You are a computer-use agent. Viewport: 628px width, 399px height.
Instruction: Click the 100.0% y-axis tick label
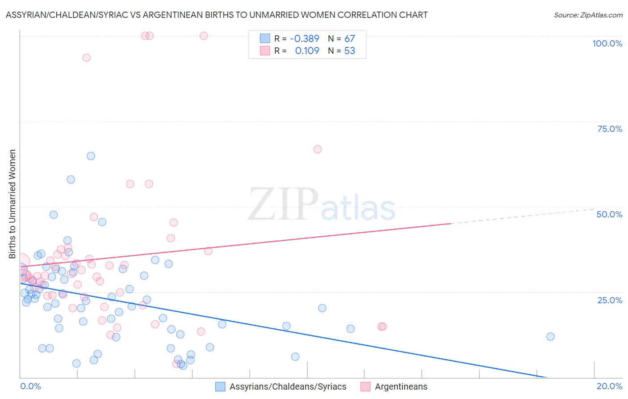coord(607,43)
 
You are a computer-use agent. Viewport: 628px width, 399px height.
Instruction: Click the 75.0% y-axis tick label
coord(610,129)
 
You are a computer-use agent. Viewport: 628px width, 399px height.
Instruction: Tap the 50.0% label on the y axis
coord(609,214)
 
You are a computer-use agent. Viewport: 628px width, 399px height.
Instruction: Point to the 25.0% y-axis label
coord(610,300)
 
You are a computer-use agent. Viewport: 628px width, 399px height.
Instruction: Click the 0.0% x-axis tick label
coord(30,386)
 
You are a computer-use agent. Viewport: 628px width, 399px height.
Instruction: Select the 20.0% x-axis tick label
coord(609,386)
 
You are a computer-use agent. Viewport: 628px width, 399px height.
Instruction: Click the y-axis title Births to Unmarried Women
coord(12,204)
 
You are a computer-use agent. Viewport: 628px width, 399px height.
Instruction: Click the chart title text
coord(217,15)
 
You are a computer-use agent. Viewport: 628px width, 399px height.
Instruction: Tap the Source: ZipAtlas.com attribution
coord(588,15)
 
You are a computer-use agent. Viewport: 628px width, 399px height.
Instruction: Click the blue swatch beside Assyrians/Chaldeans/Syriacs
coord(220,386)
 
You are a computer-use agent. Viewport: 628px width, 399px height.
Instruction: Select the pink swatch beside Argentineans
coord(365,386)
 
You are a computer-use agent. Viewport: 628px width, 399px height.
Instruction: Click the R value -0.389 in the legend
coord(304,38)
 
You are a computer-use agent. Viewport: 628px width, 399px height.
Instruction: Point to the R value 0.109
coord(307,51)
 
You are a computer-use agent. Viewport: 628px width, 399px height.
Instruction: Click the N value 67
coord(349,38)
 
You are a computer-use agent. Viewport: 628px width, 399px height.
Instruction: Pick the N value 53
coord(349,51)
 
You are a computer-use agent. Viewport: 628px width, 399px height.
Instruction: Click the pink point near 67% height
coord(318,149)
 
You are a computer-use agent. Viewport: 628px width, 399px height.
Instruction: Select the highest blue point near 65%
coord(91,156)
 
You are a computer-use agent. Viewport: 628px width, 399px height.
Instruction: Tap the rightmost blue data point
coord(550,336)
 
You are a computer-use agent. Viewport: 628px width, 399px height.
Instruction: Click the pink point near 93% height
coord(87,58)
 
